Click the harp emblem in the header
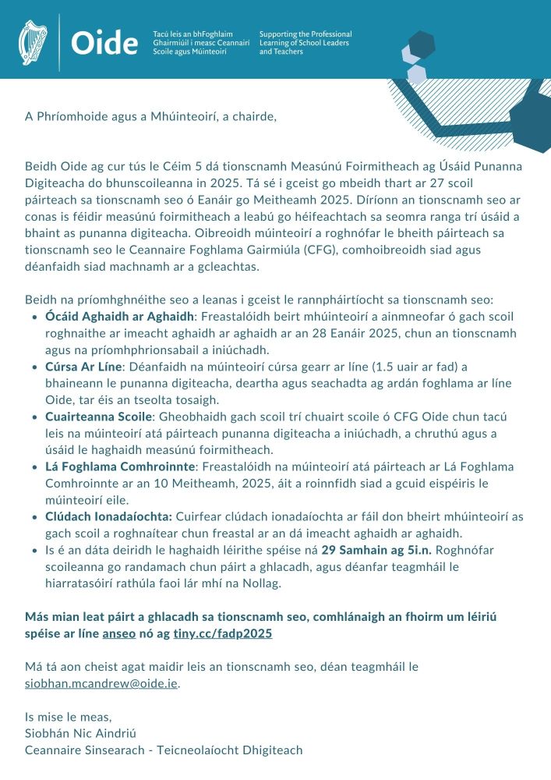click(33, 42)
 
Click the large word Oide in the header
click(104, 44)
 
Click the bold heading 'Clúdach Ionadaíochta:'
click(109, 516)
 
